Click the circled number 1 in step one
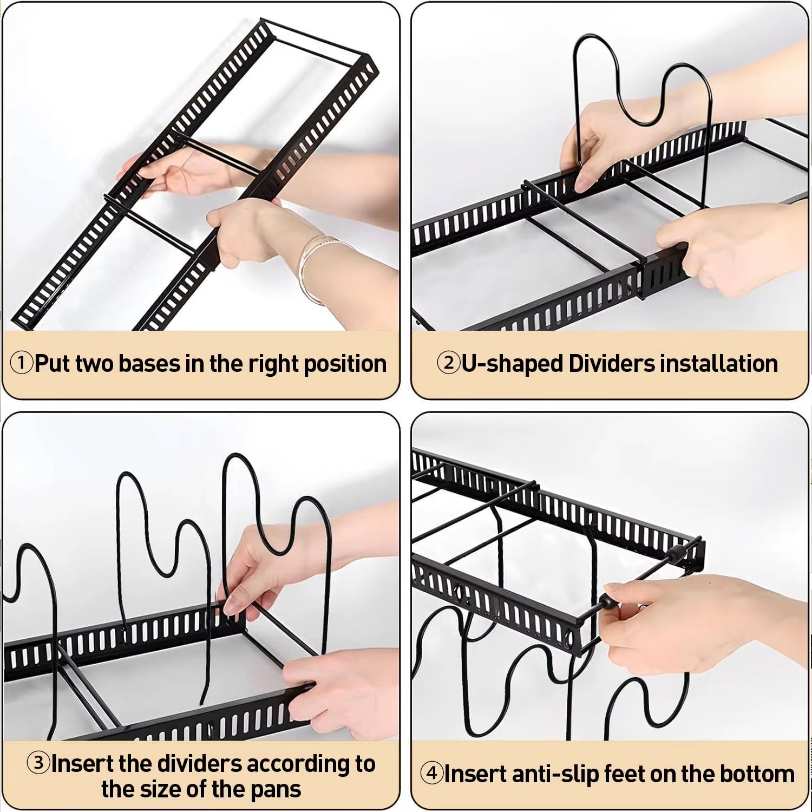22,363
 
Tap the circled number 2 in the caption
448,363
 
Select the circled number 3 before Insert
38,763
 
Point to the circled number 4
431,774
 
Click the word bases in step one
149,364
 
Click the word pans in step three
276,789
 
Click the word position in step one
345,364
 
